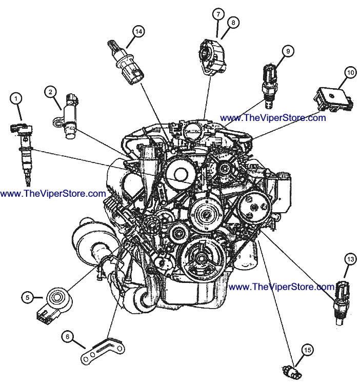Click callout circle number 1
coord(17,97)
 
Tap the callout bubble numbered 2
coord(50,92)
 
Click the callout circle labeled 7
coord(217,13)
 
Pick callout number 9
coord(288,51)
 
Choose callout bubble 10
coord(350,73)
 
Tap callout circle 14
coord(138,31)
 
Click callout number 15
coord(307,350)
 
